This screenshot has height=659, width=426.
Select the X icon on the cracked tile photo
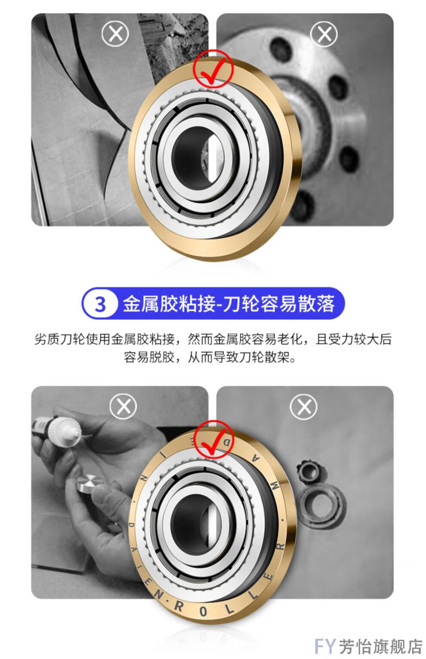tap(115, 34)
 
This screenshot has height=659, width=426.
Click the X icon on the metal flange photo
tap(324, 34)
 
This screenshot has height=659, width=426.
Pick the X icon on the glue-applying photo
tap(123, 406)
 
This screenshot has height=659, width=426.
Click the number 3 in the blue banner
tap(100, 304)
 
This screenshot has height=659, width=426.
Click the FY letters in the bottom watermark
tap(324, 646)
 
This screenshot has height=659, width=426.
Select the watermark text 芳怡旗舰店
tap(380, 646)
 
